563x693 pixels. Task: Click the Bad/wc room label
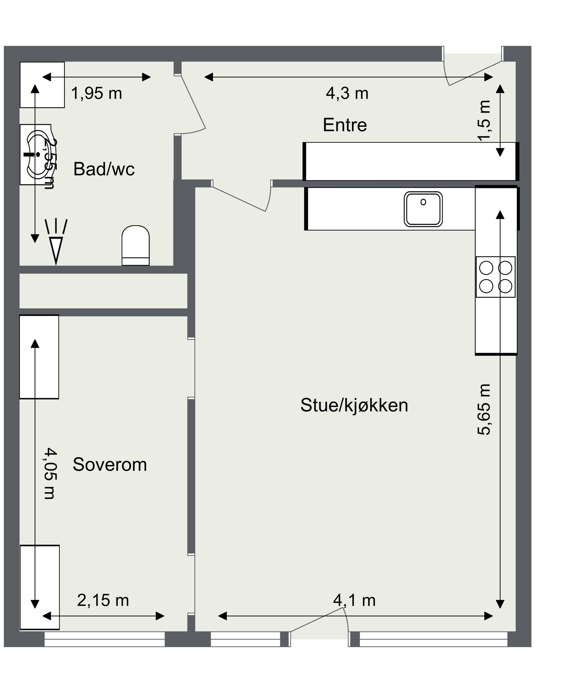pos(104,169)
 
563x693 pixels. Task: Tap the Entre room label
pos(344,125)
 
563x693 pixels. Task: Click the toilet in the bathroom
pos(135,245)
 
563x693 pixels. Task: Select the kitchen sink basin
pos(423,209)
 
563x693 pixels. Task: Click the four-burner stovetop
pos(495,277)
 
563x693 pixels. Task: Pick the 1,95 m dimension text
pos(96,94)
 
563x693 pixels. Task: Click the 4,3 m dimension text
pos(347,94)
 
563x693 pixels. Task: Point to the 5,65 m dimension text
pos(484,409)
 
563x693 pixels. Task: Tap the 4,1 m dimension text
pos(354,600)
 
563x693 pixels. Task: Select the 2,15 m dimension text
pos(103,600)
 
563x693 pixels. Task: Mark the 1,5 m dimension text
pos(484,120)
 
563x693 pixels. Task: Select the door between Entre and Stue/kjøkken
pos(243,197)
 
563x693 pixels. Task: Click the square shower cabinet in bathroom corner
pos(42,85)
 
